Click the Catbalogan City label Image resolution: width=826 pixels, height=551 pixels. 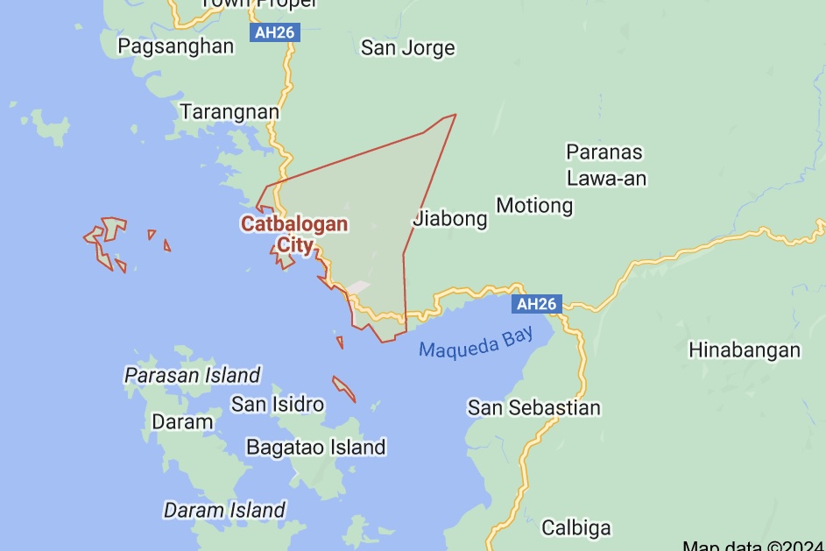click(294, 234)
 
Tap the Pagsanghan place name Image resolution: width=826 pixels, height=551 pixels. click(176, 46)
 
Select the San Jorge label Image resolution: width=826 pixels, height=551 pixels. click(408, 47)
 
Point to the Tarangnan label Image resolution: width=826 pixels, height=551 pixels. click(229, 111)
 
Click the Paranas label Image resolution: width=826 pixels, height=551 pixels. click(604, 152)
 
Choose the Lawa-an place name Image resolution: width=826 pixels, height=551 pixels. click(606, 179)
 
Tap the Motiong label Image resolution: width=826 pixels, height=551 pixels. click(534, 206)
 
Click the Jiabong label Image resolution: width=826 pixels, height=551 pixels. click(450, 218)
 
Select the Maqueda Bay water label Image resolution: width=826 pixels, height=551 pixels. click(476, 343)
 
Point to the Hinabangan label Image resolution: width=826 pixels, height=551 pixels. click(745, 350)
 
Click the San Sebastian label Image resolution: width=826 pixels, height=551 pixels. click(534, 407)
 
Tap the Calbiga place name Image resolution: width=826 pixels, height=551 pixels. click(576, 527)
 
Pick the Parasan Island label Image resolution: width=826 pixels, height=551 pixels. click(193, 376)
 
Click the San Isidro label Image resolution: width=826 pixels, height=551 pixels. click(278, 404)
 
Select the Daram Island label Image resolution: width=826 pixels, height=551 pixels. click(224, 510)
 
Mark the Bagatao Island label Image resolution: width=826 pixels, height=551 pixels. click(315, 448)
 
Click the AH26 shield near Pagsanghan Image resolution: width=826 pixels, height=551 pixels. click(275, 33)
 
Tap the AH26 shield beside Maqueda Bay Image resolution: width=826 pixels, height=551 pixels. click(536, 304)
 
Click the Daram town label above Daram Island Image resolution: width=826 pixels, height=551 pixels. click(182, 421)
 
